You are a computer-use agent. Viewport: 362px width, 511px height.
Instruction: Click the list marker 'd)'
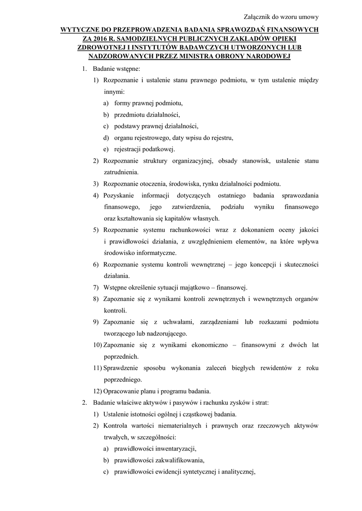(106, 137)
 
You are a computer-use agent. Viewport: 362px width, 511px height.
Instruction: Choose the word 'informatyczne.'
(152, 253)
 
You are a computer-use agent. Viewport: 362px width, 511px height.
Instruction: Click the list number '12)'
(97, 391)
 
